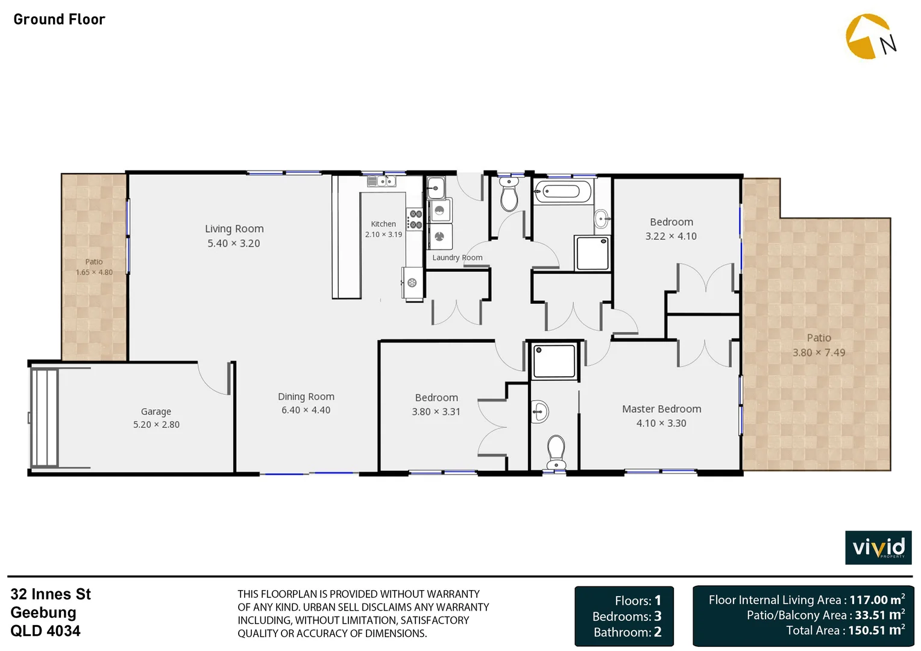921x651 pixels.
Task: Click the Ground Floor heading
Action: pyautogui.click(x=59, y=19)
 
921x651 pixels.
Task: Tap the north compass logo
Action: pyautogui.click(x=870, y=37)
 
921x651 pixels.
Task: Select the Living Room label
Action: pyautogui.click(x=234, y=228)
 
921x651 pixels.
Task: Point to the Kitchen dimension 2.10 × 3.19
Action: pyautogui.click(x=383, y=234)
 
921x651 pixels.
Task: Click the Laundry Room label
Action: pyautogui.click(x=457, y=257)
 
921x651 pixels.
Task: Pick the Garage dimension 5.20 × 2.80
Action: pyautogui.click(x=156, y=424)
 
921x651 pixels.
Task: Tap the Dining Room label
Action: pyautogui.click(x=306, y=397)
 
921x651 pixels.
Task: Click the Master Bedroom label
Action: pyautogui.click(x=661, y=409)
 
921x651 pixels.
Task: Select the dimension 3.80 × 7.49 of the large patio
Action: pyautogui.click(x=819, y=353)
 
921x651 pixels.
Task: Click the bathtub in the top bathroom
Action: pyautogui.click(x=563, y=192)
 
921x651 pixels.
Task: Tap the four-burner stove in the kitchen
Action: pyautogui.click(x=415, y=219)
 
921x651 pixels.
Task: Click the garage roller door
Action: pyautogui.click(x=43, y=418)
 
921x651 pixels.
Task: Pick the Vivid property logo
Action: pyautogui.click(x=878, y=547)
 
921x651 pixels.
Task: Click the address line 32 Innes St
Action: pyautogui.click(x=51, y=594)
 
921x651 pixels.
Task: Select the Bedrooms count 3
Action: pyautogui.click(x=658, y=616)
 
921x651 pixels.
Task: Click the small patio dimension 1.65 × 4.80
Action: pyautogui.click(x=94, y=272)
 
